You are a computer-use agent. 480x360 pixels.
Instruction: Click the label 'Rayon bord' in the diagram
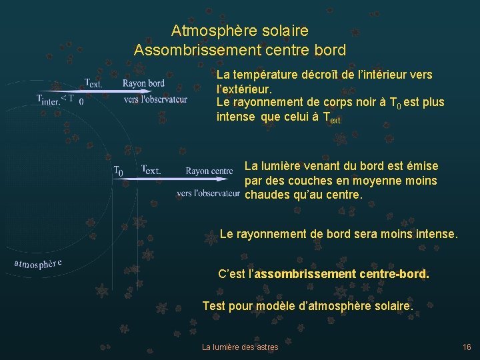tap(143, 83)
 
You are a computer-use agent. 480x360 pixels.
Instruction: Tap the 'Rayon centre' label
tap(209, 171)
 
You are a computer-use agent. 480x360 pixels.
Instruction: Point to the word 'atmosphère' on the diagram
tap(39, 263)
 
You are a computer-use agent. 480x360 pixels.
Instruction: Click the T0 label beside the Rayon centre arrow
tap(118, 171)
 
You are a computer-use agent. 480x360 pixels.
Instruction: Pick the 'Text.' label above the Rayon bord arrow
tap(93, 83)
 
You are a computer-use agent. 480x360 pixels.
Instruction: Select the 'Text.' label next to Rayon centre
tap(151, 171)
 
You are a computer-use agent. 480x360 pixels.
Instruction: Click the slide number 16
tap(467, 347)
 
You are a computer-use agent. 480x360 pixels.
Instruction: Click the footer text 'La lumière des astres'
tap(240, 347)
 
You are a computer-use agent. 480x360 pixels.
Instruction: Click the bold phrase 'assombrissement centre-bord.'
tap(342, 274)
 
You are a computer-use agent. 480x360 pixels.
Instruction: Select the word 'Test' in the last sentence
tap(213, 306)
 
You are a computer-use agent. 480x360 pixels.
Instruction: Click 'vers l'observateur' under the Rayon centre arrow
tap(208, 193)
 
